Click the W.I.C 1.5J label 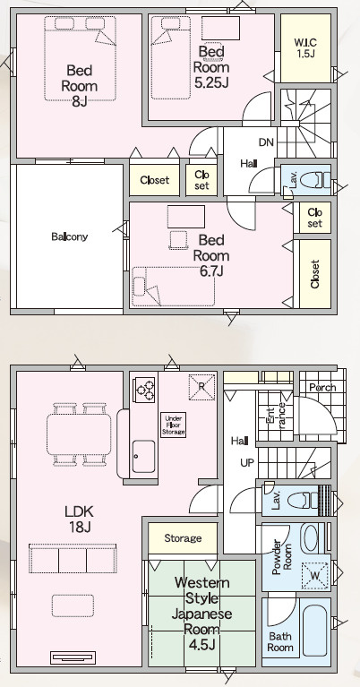click(x=305, y=47)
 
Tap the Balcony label click(x=70, y=237)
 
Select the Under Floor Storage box click(x=174, y=425)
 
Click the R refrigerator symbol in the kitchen click(x=201, y=387)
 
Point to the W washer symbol click(x=316, y=575)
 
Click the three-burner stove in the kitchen click(x=146, y=389)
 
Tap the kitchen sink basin click(x=143, y=456)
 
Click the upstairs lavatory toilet click(x=315, y=180)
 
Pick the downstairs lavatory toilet click(x=309, y=501)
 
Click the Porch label click(x=322, y=387)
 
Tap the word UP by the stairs click(x=247, y=462)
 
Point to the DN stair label click(x=266, y=142)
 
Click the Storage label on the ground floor click(x=183, y=538)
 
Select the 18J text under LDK click(x=80, y=527)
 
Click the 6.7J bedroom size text click(x=211, y=271)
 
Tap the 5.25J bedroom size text click(x=211, y=82)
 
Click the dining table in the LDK click(x=79, y=434)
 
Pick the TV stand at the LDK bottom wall click(x=73, y=657)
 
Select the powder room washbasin click(x=312, y=537)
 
